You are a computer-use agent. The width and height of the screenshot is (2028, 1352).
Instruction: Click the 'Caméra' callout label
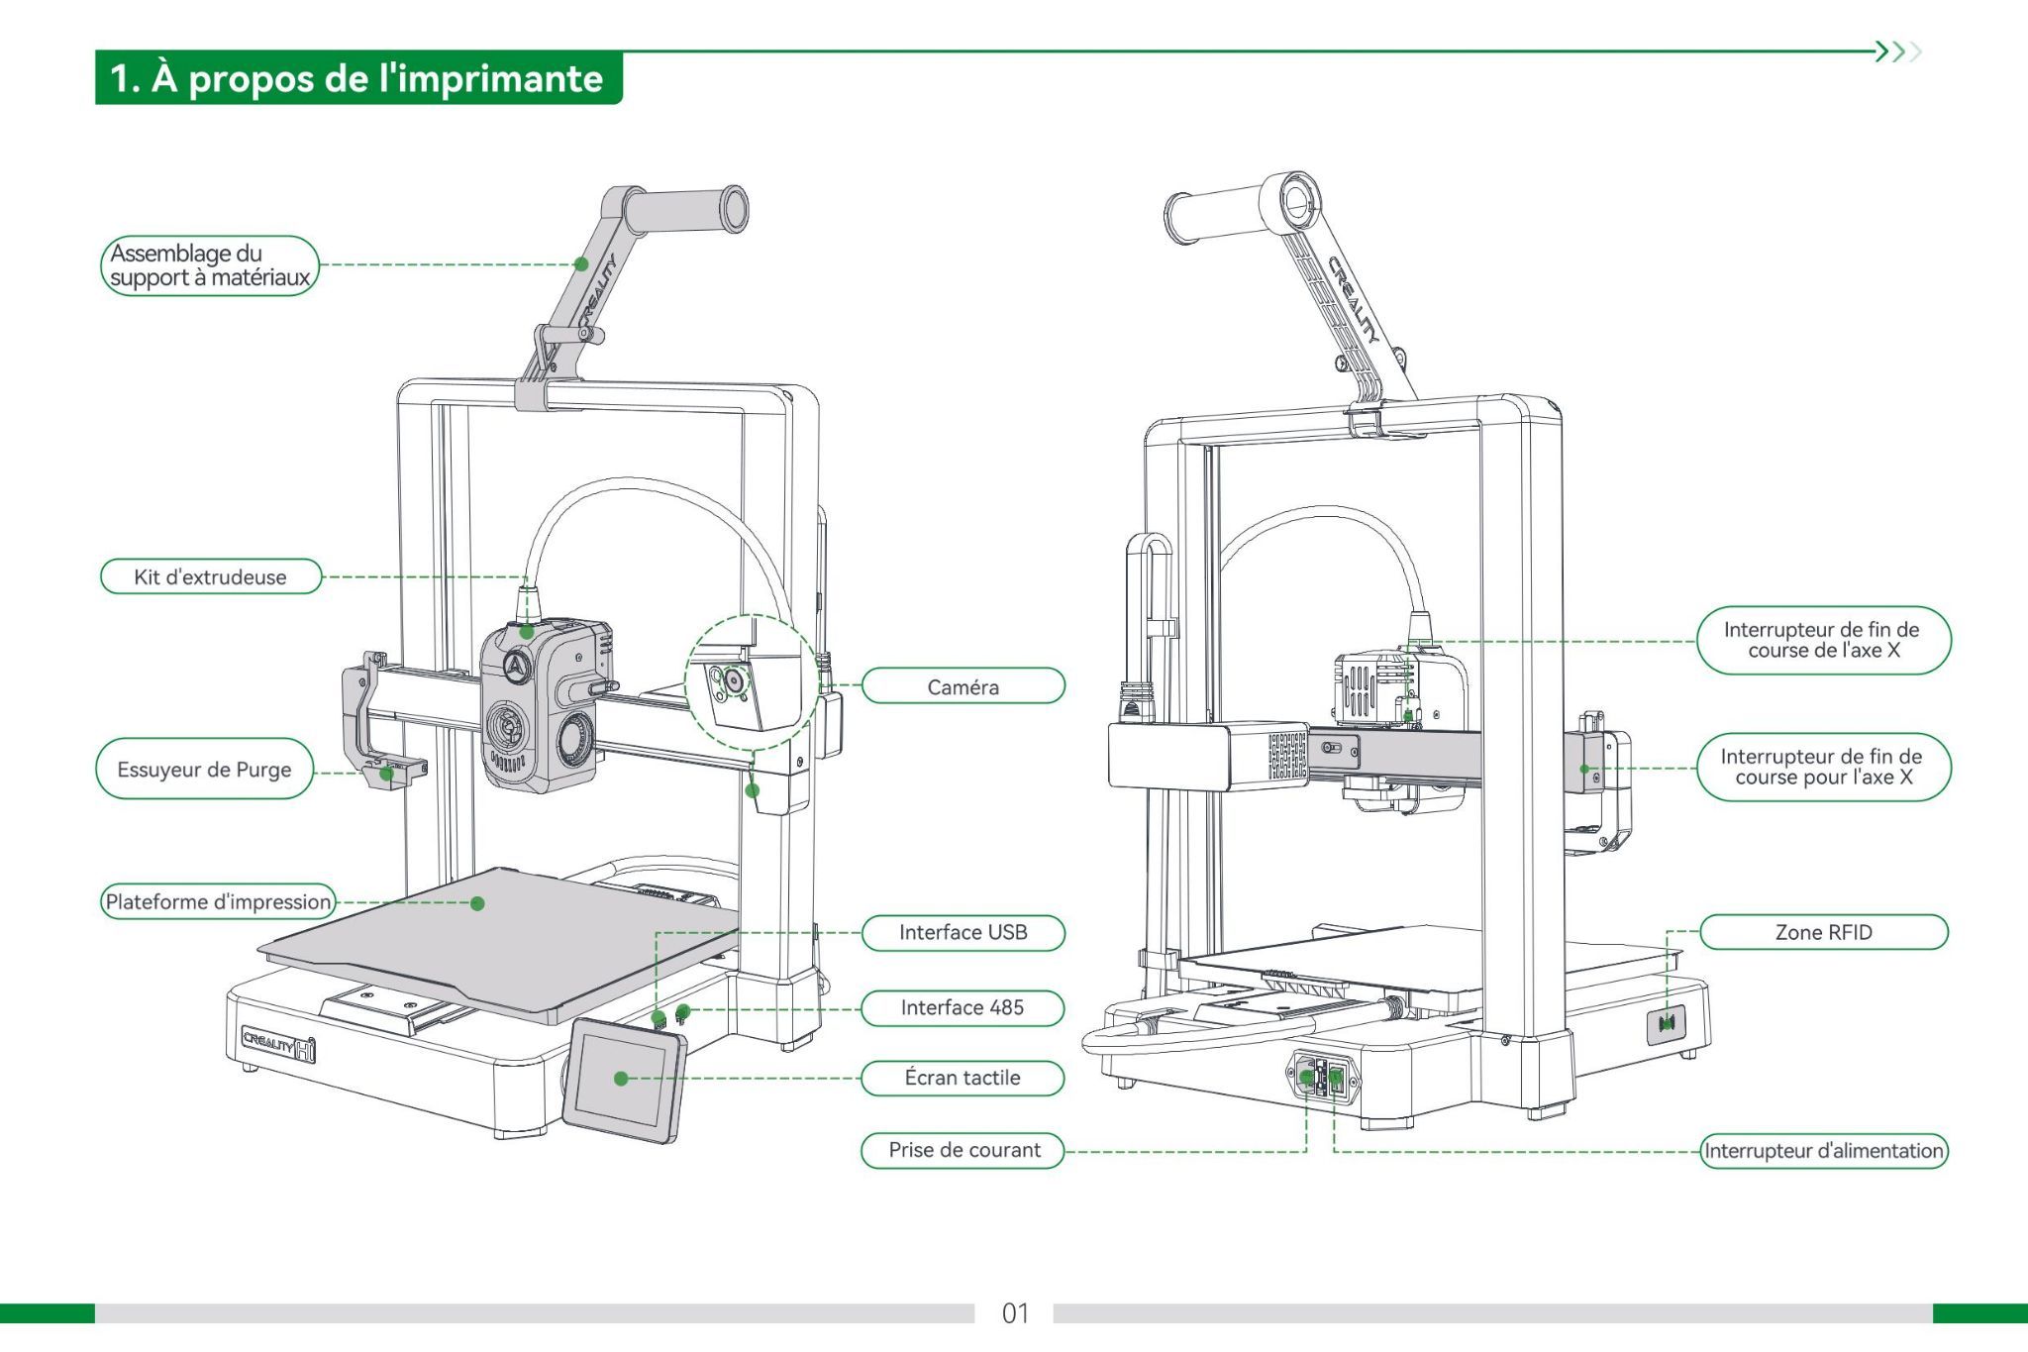point(963,686)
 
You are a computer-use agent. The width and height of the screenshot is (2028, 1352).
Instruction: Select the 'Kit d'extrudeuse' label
point(211,576)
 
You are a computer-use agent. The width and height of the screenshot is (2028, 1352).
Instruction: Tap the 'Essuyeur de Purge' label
point(204,770)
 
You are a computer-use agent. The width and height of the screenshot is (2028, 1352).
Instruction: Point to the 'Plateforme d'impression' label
point(218,901)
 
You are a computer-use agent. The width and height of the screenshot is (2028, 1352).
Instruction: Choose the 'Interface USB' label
point(963,932)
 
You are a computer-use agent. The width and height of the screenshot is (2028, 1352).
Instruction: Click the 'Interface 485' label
point(963,1007)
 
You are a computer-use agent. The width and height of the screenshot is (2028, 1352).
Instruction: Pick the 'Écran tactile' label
point(963,1078)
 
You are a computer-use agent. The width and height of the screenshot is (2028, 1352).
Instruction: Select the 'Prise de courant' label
point(963,1150)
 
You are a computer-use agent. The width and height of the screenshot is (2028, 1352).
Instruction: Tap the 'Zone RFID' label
point(1823,932)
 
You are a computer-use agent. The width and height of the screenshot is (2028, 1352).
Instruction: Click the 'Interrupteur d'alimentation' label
point(1823,1151)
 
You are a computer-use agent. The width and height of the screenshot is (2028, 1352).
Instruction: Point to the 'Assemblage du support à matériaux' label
point(210,265)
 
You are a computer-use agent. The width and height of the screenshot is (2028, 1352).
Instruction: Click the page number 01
point(1015,1313)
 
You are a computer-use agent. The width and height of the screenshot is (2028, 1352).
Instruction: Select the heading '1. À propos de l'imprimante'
point(357,78)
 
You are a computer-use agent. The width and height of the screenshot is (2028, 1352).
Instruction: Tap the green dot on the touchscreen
point(621,1079)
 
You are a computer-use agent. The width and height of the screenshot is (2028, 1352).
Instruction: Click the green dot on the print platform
point(477,903)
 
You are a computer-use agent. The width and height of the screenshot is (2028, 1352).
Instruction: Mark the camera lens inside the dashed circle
point(734,680)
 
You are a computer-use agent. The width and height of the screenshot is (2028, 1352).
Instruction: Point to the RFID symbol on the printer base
point(1667,1024)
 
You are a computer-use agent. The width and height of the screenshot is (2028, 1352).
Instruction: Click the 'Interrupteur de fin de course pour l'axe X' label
point(1822,768)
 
